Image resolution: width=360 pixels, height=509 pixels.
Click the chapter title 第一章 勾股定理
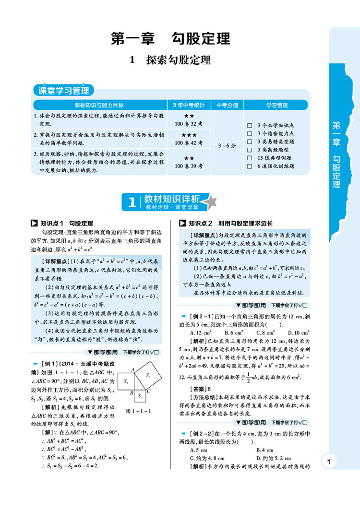click(170, 38)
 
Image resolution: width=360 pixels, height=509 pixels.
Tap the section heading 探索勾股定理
click(170, 60)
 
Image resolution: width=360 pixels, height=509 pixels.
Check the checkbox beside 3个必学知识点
click(249, 125)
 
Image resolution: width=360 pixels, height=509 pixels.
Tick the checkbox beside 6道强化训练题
click(249, 166)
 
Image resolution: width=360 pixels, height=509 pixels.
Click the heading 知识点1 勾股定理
click(62, 223)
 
